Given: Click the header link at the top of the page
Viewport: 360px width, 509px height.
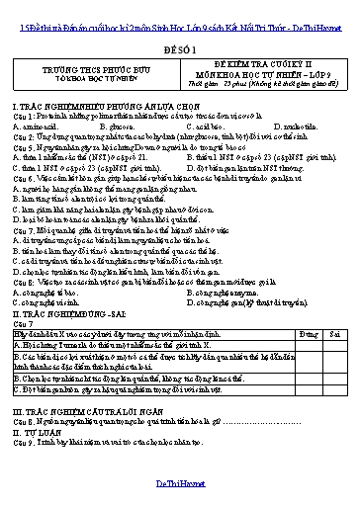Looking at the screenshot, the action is click(x=179, y=8).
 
